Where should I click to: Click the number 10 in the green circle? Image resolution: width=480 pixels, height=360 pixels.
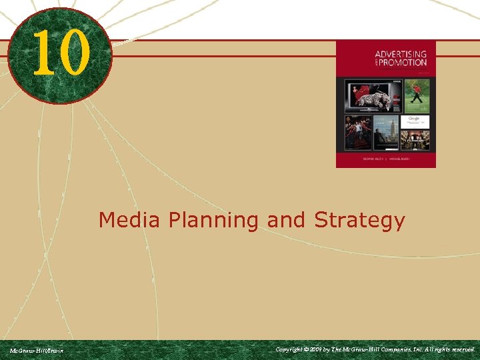(59, 53)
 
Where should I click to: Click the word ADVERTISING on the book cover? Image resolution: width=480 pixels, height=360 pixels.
(401, 54)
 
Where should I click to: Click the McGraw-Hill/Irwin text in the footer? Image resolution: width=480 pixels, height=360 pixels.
(36, 350)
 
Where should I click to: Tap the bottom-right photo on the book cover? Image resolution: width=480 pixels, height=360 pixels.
(416, 139)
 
